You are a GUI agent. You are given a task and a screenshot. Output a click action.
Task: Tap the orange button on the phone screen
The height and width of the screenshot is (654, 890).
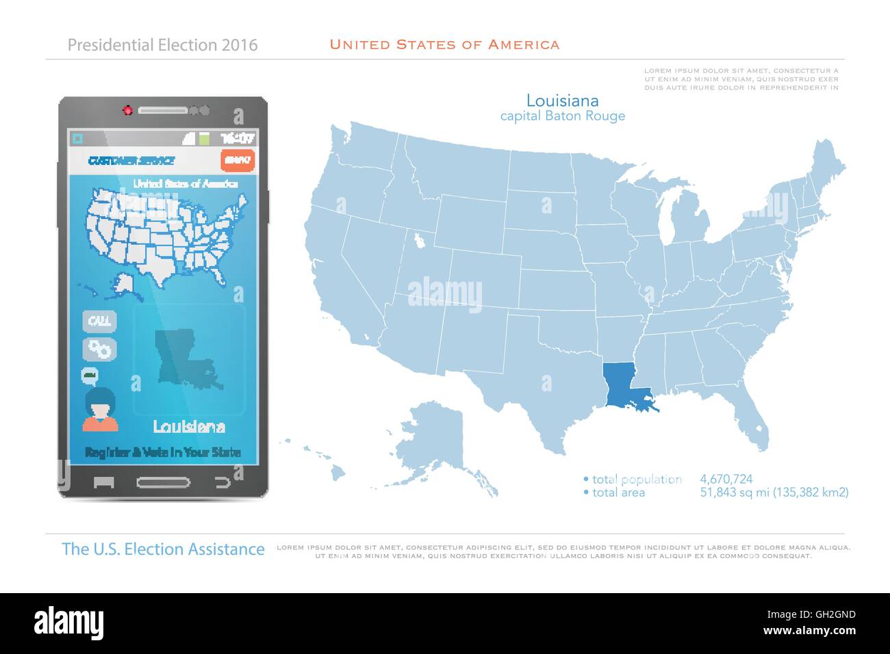click(238, 160)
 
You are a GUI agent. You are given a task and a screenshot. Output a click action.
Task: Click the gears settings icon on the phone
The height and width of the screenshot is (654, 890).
click(99, 348)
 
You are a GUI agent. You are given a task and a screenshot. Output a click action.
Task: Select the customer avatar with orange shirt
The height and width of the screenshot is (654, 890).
click(101, 410)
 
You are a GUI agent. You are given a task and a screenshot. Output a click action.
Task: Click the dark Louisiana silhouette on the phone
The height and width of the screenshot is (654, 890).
click(185, 358)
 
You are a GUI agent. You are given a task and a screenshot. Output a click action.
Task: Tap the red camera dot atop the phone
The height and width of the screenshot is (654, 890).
click(127, 110)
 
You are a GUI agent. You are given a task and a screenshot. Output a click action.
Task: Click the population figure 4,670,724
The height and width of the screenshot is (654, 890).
click(726, 480)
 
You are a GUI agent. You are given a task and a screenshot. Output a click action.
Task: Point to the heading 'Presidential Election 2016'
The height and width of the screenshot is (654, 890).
click(163, 45)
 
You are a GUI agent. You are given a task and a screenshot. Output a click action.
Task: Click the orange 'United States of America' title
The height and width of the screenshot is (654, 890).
click(444, 45)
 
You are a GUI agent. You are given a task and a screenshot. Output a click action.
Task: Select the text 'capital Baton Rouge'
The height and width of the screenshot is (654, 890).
click(562, 116)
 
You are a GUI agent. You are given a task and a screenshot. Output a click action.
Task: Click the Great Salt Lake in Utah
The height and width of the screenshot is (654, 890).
click(416, 241)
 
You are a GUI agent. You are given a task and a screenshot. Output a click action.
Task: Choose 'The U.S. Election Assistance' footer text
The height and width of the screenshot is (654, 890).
click(163, 549)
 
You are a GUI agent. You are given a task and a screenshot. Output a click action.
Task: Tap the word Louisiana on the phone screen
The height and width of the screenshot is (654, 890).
click(189, 426)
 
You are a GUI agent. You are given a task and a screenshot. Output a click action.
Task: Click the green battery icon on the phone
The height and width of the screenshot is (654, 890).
click(204, 138)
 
